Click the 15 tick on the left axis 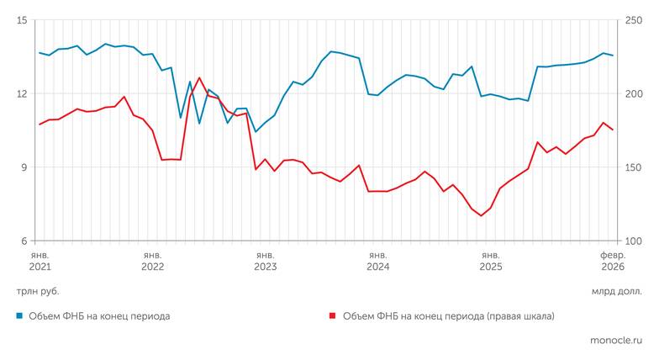[22, 20]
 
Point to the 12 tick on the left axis [22, 93]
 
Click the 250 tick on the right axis [633, 20]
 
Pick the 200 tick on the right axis [633, 93]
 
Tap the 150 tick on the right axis [633, 167]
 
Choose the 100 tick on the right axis [633, 241]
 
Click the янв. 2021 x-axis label [40, 260]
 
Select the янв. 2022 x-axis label [152, 260]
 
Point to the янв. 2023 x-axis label [265, 260]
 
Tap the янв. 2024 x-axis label [377, 260]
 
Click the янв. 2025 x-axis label [490, 260]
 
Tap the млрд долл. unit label [616, 291]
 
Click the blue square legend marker [19, 316]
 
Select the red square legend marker [333, 316]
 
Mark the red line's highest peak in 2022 [199, 77]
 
